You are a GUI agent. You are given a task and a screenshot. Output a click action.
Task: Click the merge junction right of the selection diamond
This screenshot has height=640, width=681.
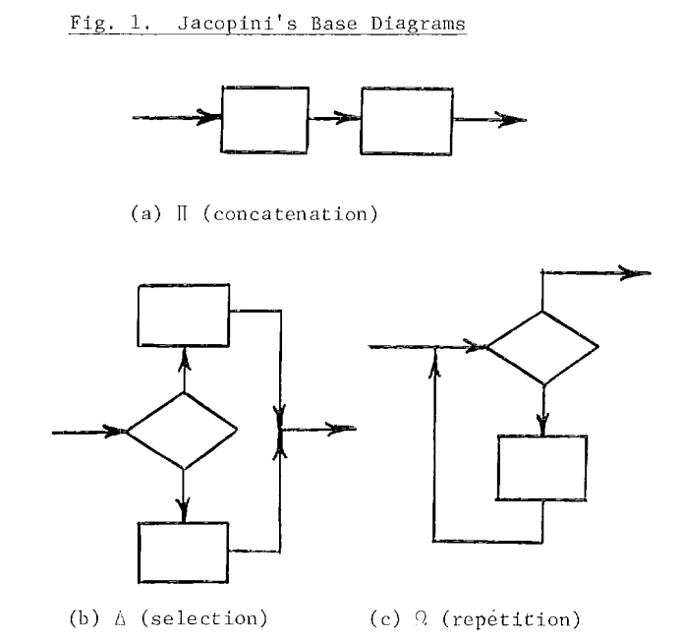282,430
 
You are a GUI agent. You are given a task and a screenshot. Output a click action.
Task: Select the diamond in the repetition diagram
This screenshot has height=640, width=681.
542,347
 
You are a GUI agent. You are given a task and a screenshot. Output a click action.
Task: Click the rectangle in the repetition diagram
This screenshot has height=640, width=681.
542,467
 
